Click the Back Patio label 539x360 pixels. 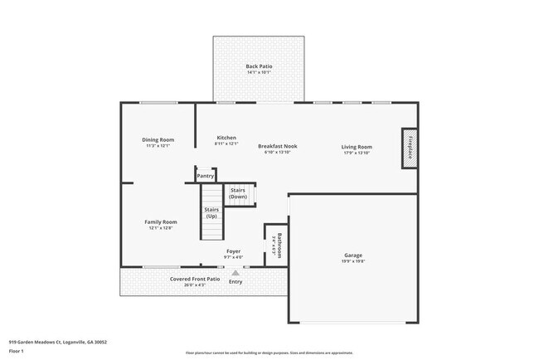[259, 66]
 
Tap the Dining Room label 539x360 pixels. [158, 140]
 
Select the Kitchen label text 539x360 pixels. [226, 138]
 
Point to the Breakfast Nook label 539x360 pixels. [277, 146]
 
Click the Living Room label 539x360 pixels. [356, 147]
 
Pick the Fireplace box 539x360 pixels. [409, 148]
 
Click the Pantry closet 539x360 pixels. [205, 175]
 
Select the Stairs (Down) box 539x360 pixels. [239, 194]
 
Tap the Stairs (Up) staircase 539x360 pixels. [211, 214]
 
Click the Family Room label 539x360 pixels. [161, 222]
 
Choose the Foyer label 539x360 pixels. [235, 251]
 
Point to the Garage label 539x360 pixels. [353, 255]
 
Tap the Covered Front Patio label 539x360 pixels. [195, 280]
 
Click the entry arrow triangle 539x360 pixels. [236, 272]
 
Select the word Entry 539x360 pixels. [236, 282]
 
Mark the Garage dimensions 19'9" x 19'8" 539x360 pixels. [353, 261]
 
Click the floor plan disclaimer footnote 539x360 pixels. [269, 353]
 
